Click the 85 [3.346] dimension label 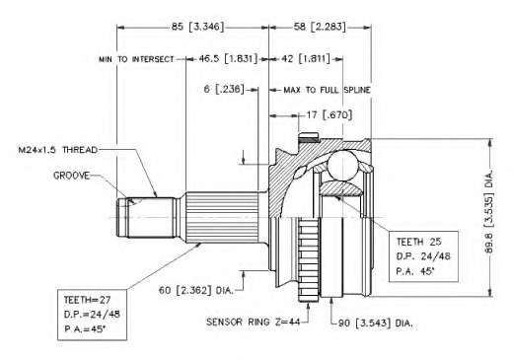[197, 27]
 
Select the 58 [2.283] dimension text [320, 27]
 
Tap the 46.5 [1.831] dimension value [228, 59]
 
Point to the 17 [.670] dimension [330, 115]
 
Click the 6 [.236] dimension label [224, 89]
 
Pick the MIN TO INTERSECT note [136, 59]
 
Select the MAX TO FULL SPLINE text [327, 90]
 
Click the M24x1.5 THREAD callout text [58, 150]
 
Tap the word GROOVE [71, 176]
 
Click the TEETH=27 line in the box [87, 300]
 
